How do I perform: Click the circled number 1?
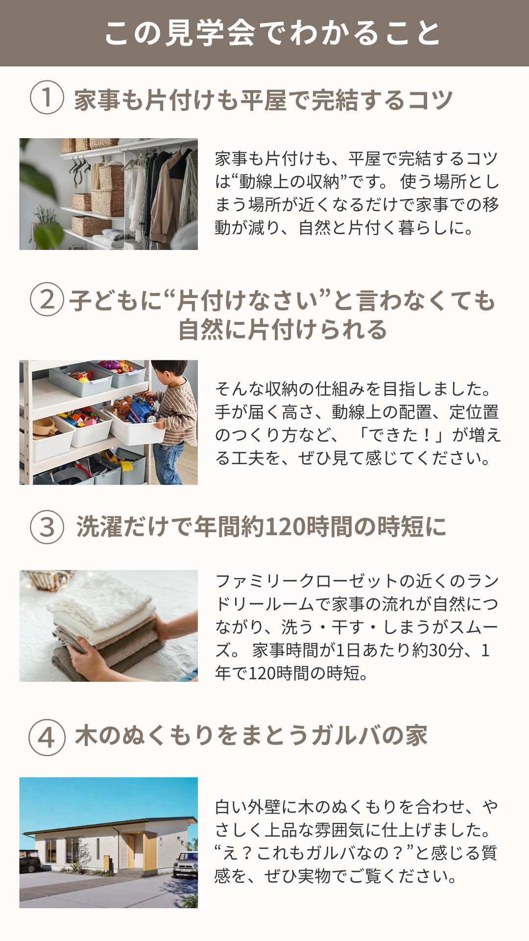pos(47,98)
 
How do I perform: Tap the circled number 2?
pos(47,299)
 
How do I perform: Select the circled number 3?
pos(47,527)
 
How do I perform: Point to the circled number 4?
pos(47,737)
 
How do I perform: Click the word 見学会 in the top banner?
pos(210,33)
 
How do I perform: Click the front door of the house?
pos(130,851)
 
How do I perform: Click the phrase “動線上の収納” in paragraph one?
pos(289,182)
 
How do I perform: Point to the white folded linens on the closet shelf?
pos(108,239)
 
